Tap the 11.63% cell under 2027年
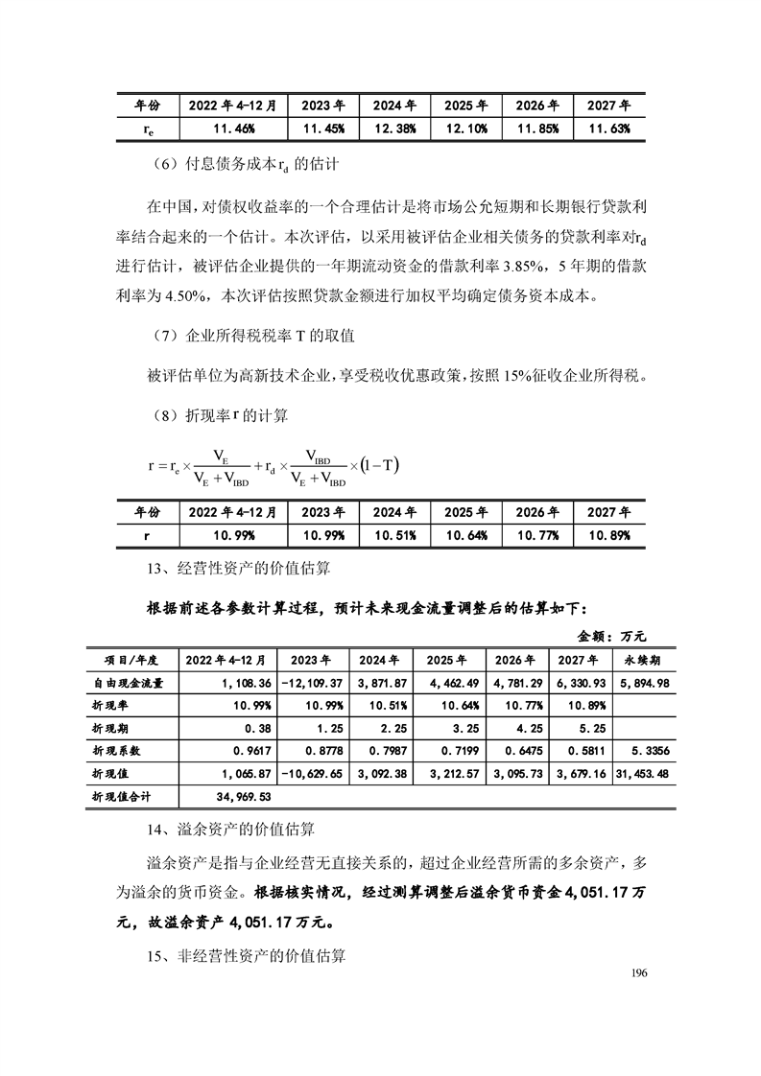608,129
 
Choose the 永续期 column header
643,660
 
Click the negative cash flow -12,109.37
311,683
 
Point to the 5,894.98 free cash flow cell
643,683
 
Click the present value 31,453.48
643,772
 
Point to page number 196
641,972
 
